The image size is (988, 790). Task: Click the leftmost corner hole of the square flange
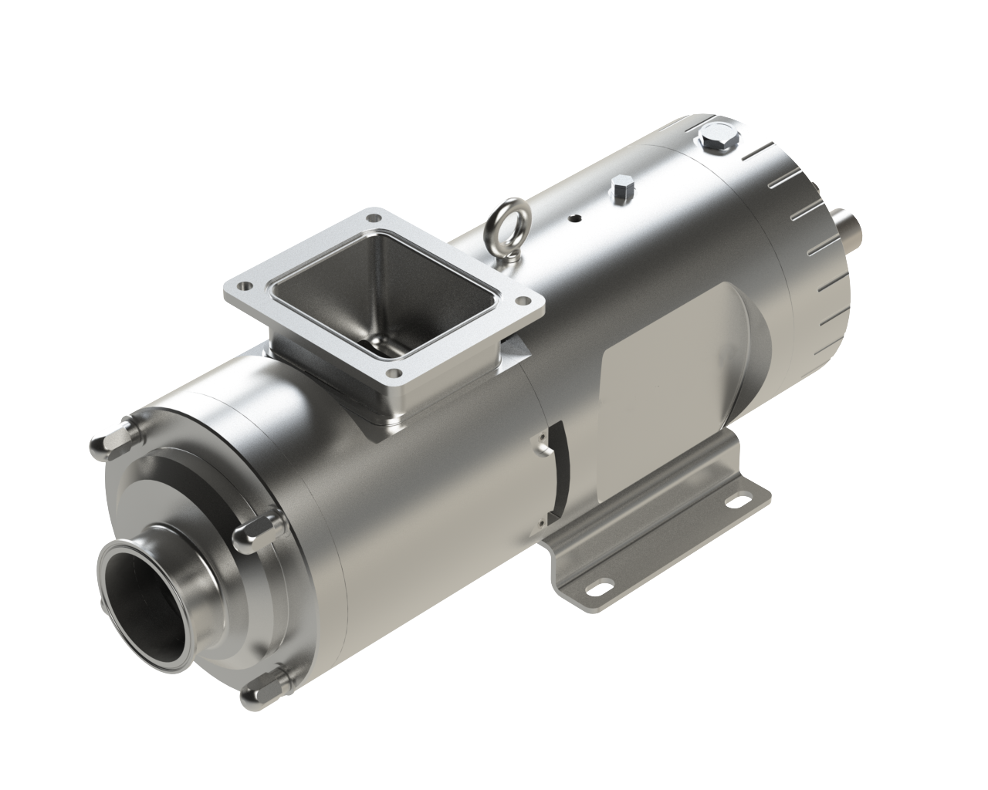point(247,285)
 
